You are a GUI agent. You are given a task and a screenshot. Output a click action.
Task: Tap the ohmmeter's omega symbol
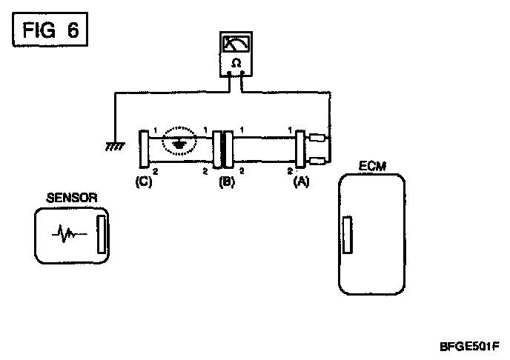(x=236, y=64)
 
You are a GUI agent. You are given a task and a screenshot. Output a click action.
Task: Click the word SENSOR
(x=71, y=197)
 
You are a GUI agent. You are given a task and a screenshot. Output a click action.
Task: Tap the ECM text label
(x=370, y=167)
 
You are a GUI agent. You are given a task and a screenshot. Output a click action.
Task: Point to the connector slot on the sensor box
(x=103, y=235)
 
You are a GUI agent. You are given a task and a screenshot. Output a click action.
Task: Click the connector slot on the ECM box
(x=346, y=238)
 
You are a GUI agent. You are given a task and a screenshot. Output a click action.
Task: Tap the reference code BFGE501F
(x=469, y=345)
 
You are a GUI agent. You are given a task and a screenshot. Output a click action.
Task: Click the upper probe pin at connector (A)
(x=317, y=137)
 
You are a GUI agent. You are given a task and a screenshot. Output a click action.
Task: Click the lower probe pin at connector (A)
(x=317, y=161)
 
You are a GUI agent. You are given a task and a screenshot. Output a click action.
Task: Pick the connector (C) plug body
(x=143, y=149)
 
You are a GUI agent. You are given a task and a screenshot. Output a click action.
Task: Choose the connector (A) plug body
(x=301, y=149)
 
